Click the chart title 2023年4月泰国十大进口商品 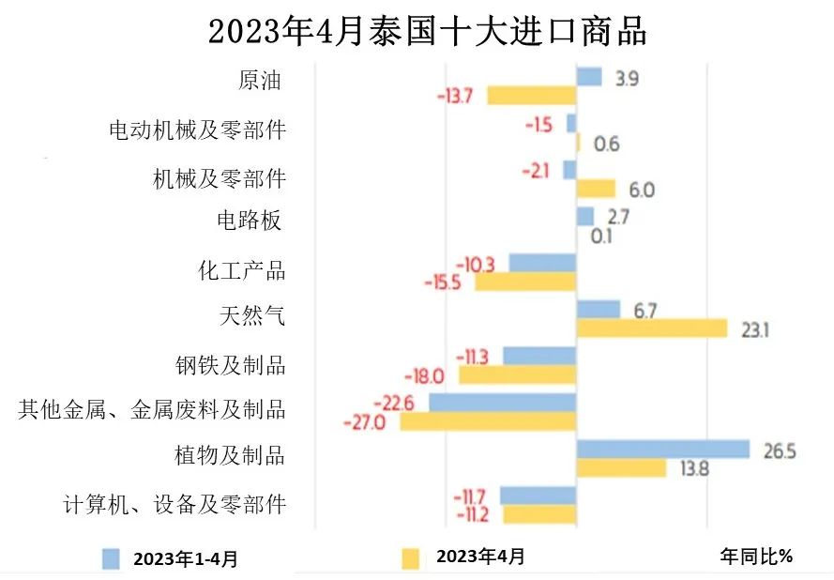[427, 30]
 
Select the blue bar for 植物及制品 [662, 450]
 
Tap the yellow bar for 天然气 [651, 328]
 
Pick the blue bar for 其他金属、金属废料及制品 [502, 403]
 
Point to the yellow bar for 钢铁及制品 [517, 375]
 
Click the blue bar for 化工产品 [542, 263]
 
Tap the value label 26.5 [779, 451]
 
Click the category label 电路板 [249, 221]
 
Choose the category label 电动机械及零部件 [197, 130]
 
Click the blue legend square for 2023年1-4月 [112, 558]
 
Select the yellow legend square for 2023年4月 [410, 558]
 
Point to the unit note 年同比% [756, 557]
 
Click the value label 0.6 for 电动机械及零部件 [607, 144]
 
